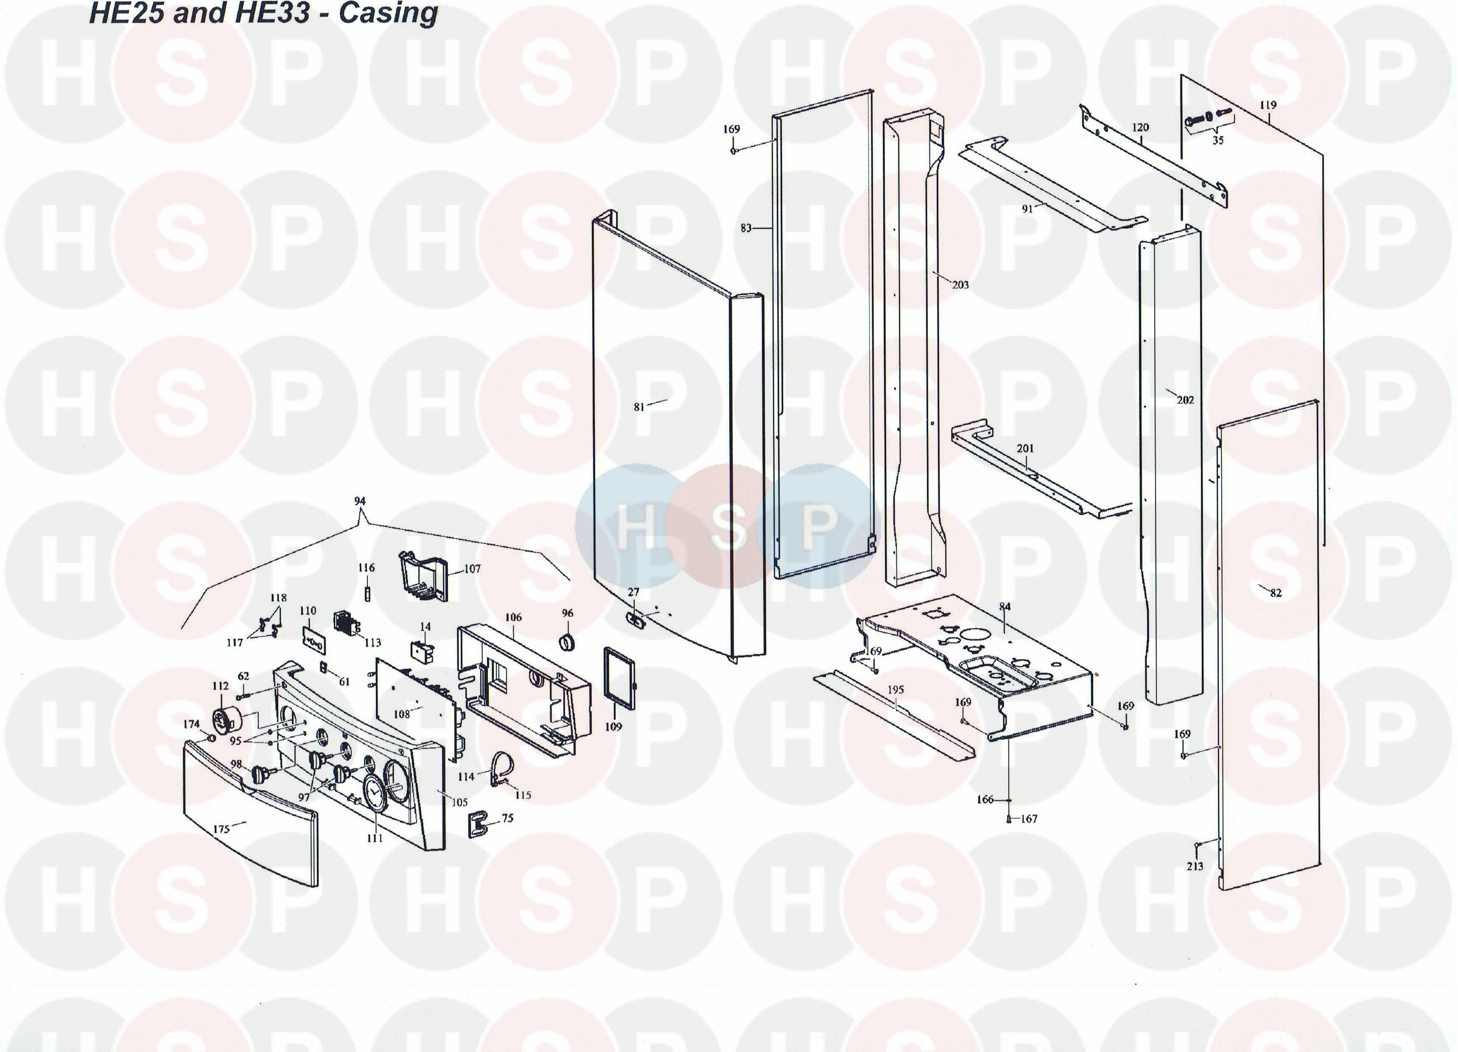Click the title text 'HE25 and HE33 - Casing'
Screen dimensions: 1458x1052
coord(263,13)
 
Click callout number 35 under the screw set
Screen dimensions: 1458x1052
coord(1217,140)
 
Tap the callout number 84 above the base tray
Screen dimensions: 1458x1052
coord(1005,606)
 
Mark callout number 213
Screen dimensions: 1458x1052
coord(1195,866)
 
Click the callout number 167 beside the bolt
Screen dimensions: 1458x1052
coord(1029,819)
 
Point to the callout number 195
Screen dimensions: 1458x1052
coord(896,689)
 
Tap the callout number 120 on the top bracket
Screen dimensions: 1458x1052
coord(1140,127)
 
